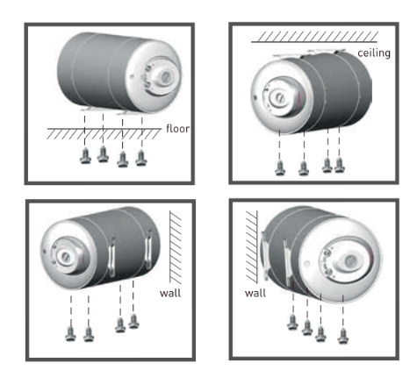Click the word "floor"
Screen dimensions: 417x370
(177, 129)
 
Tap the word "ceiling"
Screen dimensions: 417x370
(374, 53)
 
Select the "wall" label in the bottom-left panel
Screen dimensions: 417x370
(170, 293)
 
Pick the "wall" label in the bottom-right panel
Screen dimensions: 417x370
(255, 293)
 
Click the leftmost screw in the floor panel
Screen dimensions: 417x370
(85, 156)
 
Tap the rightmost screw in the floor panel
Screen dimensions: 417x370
(141, 158)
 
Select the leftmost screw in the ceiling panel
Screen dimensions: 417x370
(280, 168)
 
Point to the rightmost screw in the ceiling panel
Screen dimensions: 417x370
(340, 165)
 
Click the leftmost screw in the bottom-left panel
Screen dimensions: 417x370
(70, 334)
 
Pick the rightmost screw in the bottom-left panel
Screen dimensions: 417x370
(133, 321)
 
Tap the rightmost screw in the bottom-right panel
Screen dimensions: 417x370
(343, 337)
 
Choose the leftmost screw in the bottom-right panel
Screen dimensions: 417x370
(292, 323)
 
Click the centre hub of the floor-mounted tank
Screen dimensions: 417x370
(166, 77)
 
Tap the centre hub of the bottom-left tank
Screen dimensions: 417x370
(65, 257)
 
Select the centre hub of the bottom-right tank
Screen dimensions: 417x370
(350, 261)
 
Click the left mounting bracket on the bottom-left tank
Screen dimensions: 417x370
(111, 258)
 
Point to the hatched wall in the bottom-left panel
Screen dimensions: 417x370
(176, 247)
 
